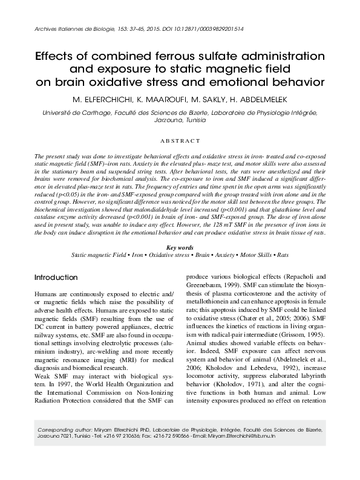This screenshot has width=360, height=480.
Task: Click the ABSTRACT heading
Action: [x=180, y=140]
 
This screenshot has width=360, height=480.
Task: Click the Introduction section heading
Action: [x=56, y=277]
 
